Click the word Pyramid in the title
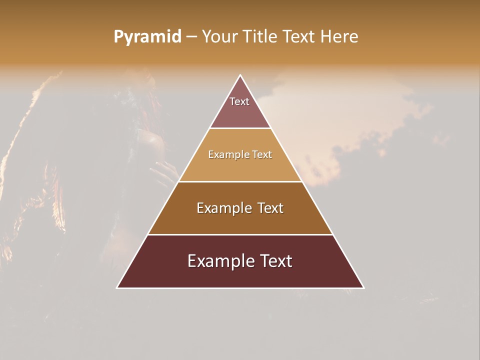pyautogui.click(x=147, y=37)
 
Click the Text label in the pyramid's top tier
pyautogui.click(x=239, y=101)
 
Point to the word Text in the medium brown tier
pyautogui.click(x=270, y=208)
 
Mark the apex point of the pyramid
pyautogui.click(x=240, y=75)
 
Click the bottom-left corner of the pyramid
pyautogui.click(x=117, y=287)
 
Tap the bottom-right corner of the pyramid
pyautogui.click(x=363, y=287)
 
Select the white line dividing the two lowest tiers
pyautogui.click(x=240, y=234)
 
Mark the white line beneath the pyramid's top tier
pyautogui.click(x=240, y=128)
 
